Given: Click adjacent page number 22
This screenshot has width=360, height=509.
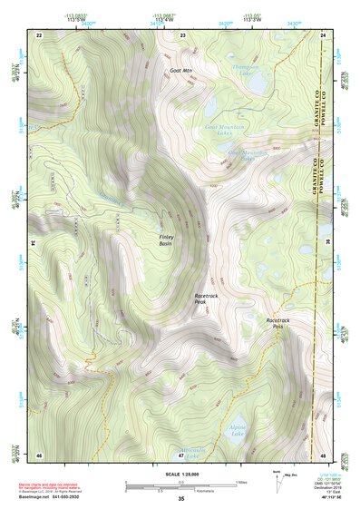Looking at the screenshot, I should coord(38,34).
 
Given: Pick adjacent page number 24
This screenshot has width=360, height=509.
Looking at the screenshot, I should coord(323,34).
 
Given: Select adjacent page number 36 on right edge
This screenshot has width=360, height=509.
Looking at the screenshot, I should coord(327,244).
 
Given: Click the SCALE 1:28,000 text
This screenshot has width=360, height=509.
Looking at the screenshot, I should coord(180,475).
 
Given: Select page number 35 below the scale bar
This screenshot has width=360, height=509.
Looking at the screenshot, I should coord(180,499).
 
